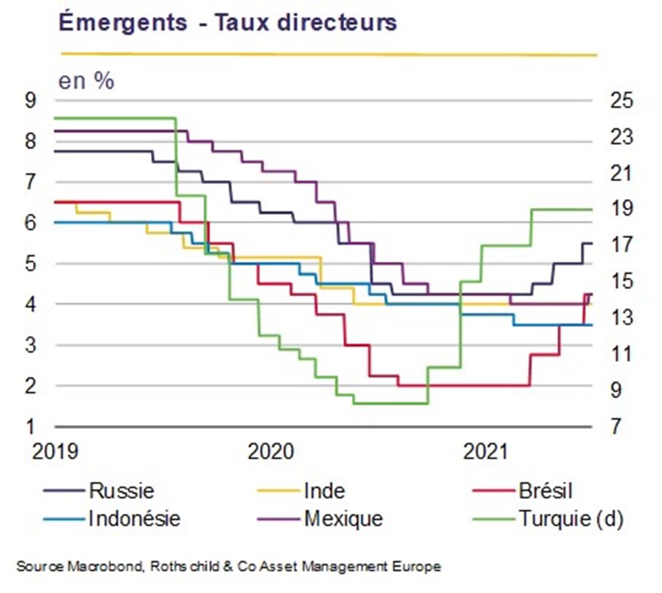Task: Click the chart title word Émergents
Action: coord(123,22)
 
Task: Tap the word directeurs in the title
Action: coord(337,22)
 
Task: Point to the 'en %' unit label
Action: coord(86,81)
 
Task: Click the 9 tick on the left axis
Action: coord(31,100)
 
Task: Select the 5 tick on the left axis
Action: coord(31,264)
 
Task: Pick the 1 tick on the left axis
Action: coord(31,427)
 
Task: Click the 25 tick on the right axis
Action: coord(621,100)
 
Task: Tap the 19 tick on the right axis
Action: coord(621,209)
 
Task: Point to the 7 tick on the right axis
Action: coord(616,426)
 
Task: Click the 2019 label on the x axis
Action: coord(55,451)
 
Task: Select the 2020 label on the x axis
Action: coord(270,451)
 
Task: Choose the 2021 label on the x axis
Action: coord(486,451)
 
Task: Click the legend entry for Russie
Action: coord(99,491)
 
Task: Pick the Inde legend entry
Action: coord(301,491)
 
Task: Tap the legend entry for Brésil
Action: coord(523,491)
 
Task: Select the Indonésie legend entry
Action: coord(112,518)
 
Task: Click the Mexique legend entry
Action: coord(320,518)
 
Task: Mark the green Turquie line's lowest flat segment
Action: coord(391,404)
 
